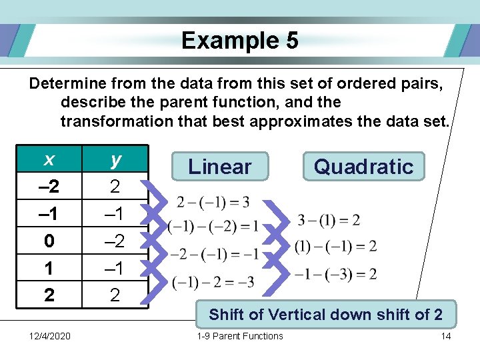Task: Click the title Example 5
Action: [x=239, y=41]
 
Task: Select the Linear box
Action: [x=220, y=167]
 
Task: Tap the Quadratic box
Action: [x=363, y=167]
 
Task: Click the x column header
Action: [x=49, y=160]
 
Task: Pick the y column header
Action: [x=115, y=160]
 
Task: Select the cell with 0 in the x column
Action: [x=49, y=241]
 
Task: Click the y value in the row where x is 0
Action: [x=115, y=241]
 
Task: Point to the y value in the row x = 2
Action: [x=115, y=295]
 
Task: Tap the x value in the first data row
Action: [x=49, y=187]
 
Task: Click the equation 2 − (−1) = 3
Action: [x=214, y=202]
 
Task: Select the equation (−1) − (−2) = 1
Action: [x=214, y=227]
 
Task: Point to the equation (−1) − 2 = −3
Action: [x=213, y=282]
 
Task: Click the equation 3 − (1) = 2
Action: [x=329, y=221]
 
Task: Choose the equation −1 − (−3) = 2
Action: [x=335, y=273]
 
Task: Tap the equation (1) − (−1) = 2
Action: [x=335, y=247]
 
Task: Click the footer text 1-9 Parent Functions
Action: [x=240, y=336]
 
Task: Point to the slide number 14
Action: [x=446, y=336]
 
